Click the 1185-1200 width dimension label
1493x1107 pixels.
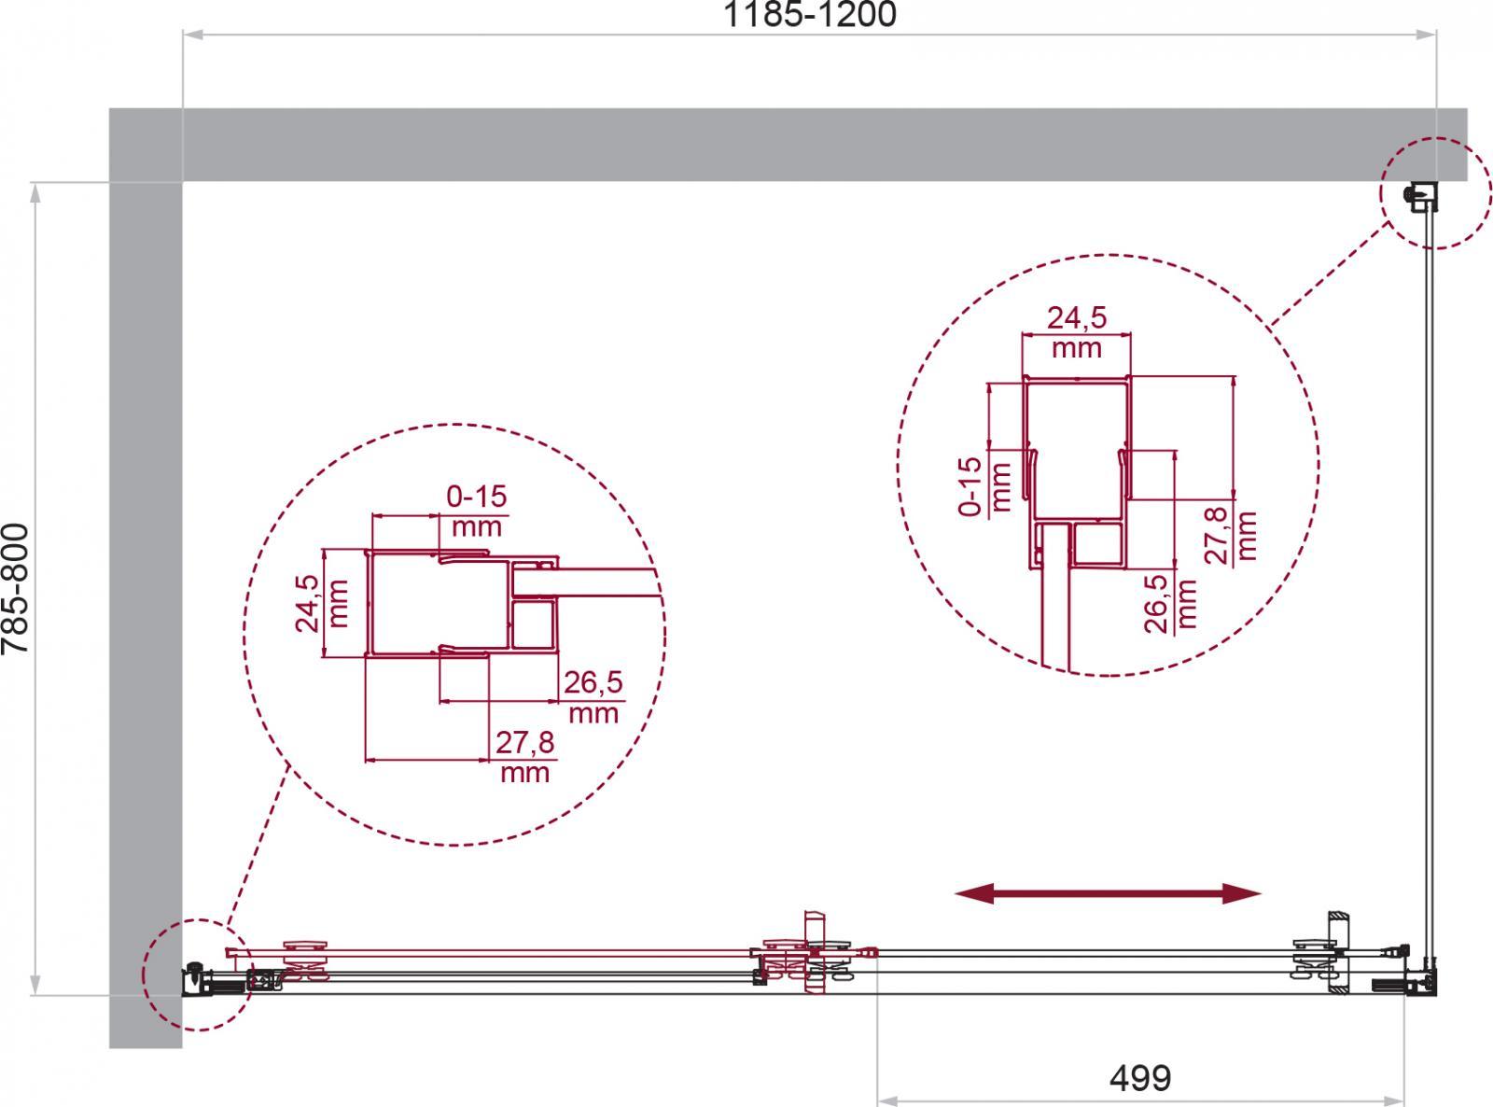pos(809,15)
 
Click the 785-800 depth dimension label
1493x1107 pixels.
pos(16,588)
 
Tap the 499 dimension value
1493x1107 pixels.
pos(1140,1078)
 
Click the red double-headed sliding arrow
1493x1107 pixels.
pos(1108,893)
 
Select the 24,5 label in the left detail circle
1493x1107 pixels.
pos(307,603)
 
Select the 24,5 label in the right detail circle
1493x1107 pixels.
pos(1076,318)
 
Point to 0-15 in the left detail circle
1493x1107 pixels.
pos(477,497)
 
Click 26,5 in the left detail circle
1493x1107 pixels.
pos(593,683)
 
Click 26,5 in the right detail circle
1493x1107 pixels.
pos(1156,603)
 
